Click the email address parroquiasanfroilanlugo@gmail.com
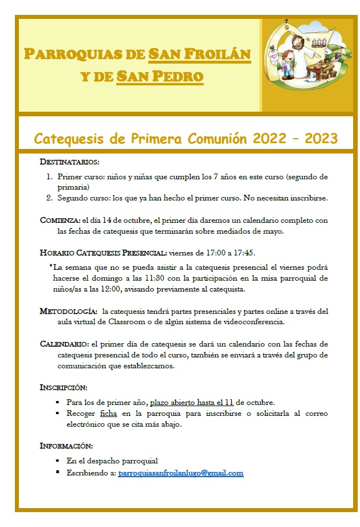pyautogui.click(x=180, y=473)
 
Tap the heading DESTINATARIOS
pyautogui.click(x=69, y=162)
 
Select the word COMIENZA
pyautogui.click(x=60, y=219)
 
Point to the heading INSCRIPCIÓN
pyautogui.click(x=63, y=387)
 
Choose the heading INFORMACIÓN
pyautogui.click(x=66, y=445)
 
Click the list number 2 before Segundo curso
pyautogui.click(x=49, y=198)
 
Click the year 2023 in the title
pyautogui.click(x=320, y=139)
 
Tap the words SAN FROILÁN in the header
pyautogui.click(x=199, y=54)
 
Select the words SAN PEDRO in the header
pyautogui.click(x=160, y=76)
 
